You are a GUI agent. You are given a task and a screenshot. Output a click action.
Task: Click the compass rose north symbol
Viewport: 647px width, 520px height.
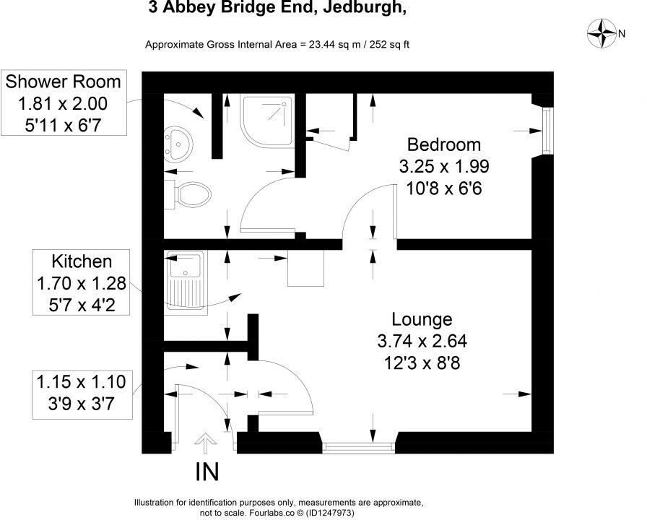point(602,32)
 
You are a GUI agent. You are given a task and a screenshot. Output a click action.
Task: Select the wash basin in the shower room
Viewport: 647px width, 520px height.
point(175,143)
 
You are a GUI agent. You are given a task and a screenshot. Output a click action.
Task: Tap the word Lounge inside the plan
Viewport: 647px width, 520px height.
point(422,318)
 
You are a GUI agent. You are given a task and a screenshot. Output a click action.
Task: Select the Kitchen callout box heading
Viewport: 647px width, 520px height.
point(81,261)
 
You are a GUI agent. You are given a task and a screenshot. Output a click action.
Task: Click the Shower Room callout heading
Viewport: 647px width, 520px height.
point(64,80)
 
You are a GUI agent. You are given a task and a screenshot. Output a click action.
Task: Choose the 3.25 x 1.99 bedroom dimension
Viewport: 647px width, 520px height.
point(444,165)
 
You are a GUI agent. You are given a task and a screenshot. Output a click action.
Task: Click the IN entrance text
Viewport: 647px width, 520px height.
point(207,472)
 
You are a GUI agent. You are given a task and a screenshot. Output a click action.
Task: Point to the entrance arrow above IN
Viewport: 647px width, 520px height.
point(206,441)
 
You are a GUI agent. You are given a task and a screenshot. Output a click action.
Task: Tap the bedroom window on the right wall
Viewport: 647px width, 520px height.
point(547,131)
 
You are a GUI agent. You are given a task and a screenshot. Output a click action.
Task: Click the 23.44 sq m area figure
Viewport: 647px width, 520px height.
point(321,45)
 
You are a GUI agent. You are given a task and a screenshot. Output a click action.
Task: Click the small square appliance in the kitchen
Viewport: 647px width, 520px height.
point(304,269)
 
